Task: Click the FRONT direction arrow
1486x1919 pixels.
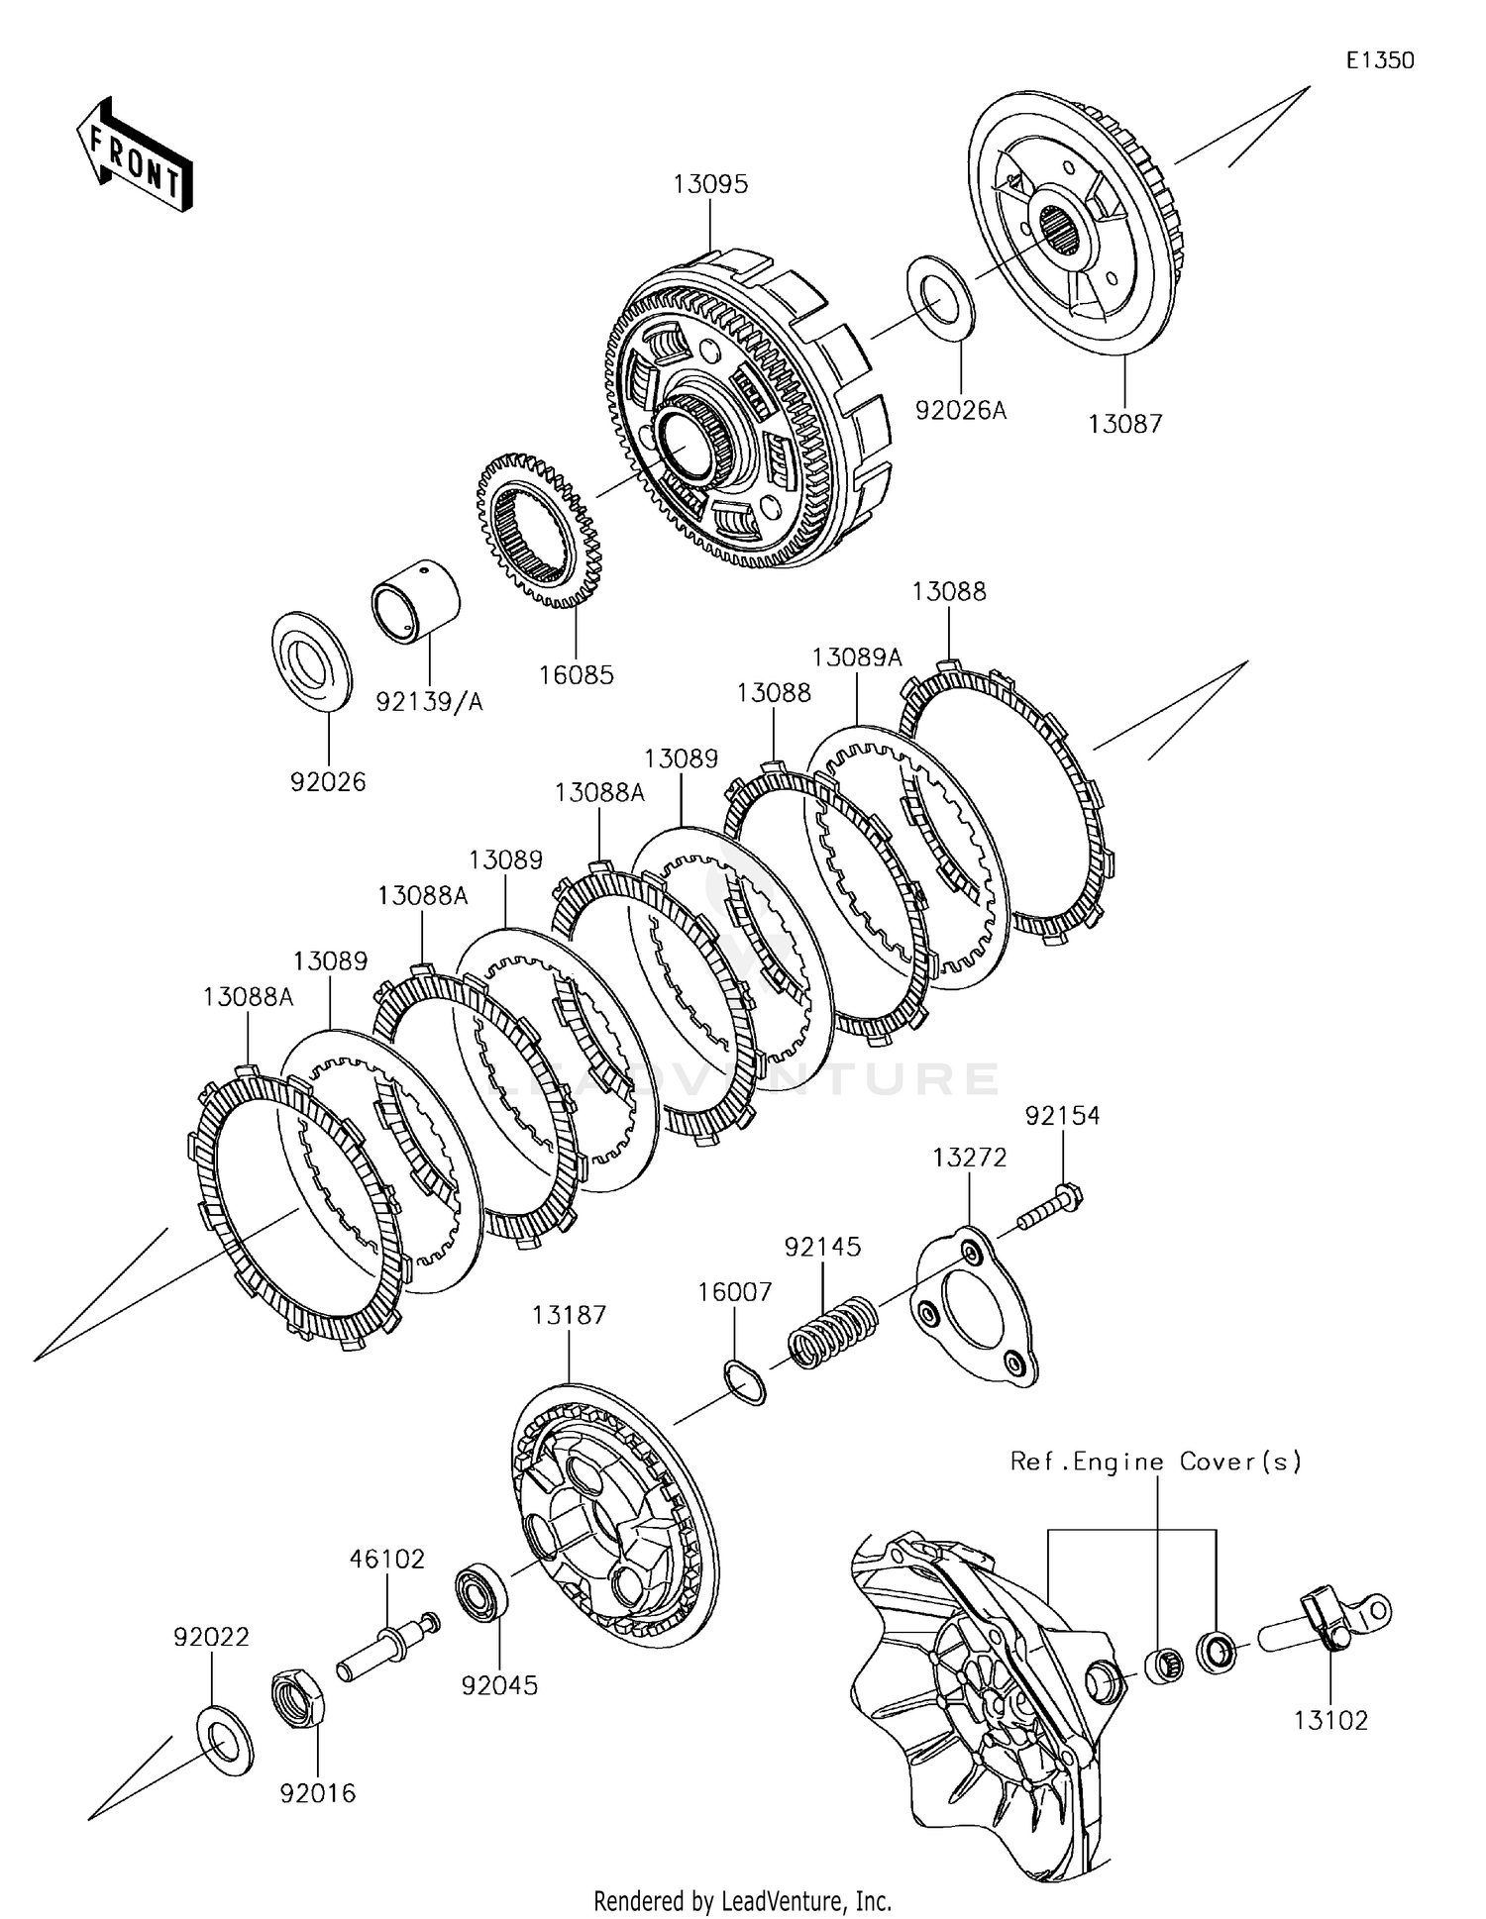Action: click(x=135, y=155)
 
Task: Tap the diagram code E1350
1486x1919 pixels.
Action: click(x=1379, y=60)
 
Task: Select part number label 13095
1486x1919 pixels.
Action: click(x=710, y=184)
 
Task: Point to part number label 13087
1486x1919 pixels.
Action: click(x=1124, y=424)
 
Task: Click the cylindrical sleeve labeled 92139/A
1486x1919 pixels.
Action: click(x=417, y=601)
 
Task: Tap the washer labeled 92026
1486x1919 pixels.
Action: click(x=311, y=661)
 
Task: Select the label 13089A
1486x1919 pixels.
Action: click(x=857, y=657)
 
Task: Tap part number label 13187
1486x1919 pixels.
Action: click(x=568, y=1315)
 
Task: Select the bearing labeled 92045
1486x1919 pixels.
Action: click(x=482, y=1591)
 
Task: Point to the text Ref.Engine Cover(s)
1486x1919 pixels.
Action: click(x=1155, y=1462)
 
